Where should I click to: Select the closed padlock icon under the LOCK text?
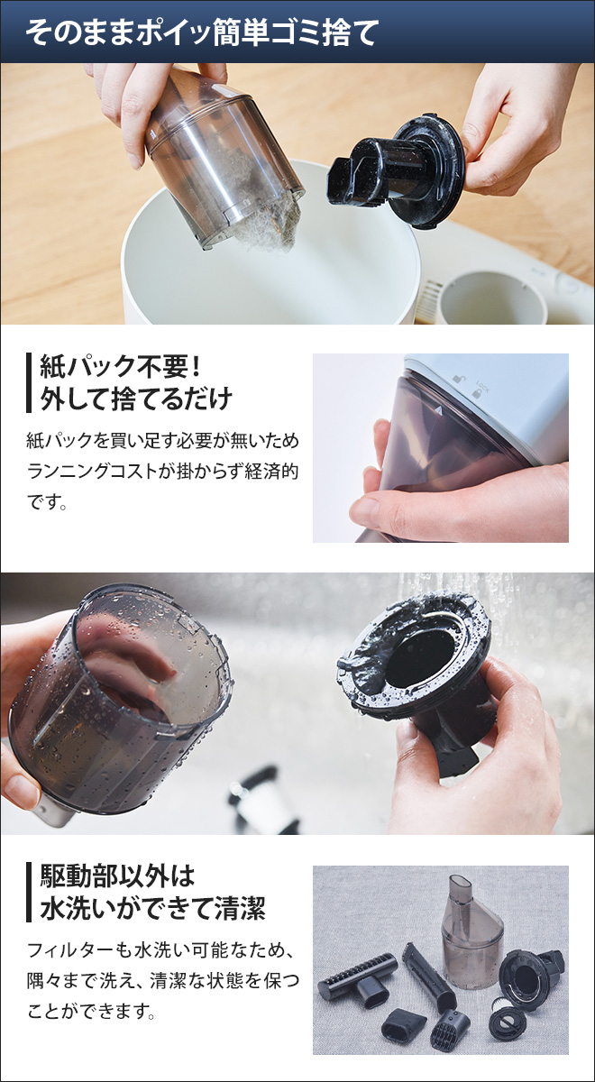476,394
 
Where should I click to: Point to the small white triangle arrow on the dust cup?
438,410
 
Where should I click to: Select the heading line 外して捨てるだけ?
136,399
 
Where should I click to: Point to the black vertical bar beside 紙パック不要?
29,383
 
